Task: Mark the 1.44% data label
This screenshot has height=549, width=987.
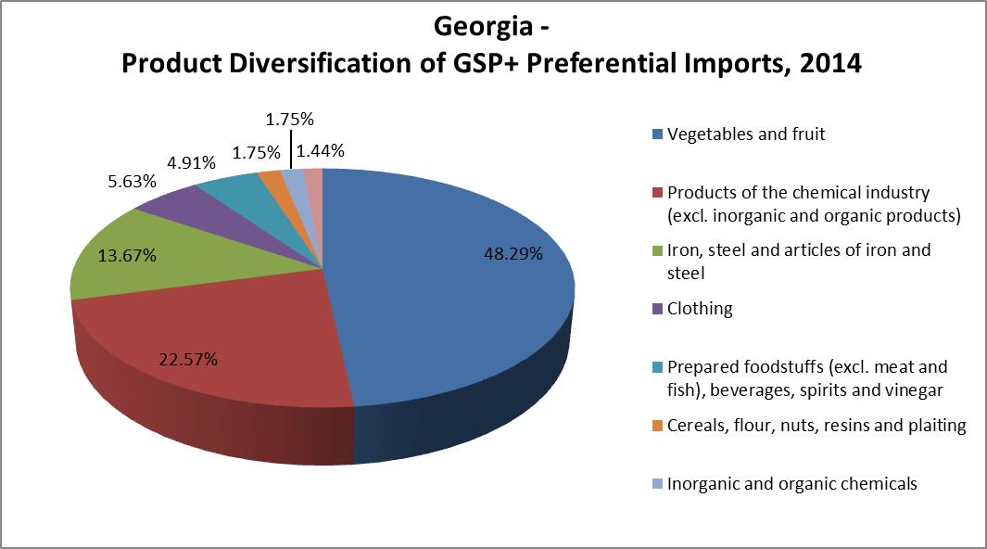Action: point(320,150)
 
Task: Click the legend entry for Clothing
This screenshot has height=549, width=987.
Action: point(700,309)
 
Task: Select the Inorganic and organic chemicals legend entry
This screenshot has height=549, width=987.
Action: point(791,483)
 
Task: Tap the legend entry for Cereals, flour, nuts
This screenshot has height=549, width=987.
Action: point(816,426)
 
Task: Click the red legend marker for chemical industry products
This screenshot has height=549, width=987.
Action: point(657,193)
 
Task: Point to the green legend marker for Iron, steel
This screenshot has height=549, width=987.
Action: point(657,251)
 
